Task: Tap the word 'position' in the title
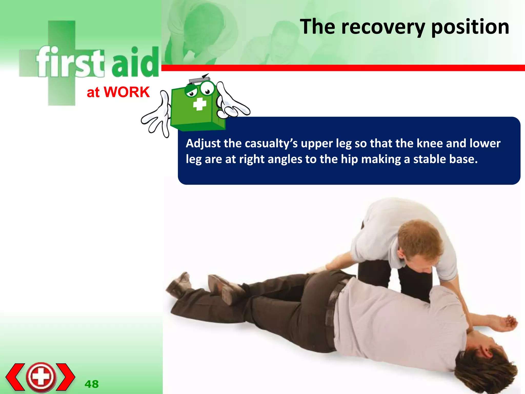pyautogui.click(x=470, y=27)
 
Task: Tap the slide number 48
pyautogui.click(x=92, y=384)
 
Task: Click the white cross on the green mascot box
pyautogui.click(x=199, y=104)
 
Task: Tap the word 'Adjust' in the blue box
pyautogui.click(x=203, y=143)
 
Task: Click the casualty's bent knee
pyautogui.click(x=318, y=280)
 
